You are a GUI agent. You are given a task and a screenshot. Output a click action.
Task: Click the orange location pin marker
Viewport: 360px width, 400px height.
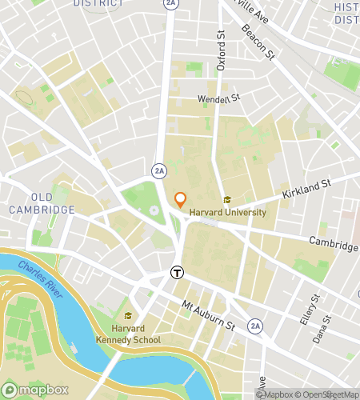point(181,199)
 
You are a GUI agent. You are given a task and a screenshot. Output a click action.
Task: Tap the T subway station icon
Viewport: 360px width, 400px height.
point(176,272)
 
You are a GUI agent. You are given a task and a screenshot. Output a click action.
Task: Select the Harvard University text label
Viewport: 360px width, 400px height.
point(228,213)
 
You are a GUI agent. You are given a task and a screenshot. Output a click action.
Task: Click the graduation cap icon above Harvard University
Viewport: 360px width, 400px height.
point(227,200)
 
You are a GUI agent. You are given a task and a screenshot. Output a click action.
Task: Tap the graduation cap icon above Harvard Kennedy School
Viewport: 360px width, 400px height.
point(128,316)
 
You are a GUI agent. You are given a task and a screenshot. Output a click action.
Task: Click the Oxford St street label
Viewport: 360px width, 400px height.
point(222,52)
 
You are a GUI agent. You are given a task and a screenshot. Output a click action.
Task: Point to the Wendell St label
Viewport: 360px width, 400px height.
point(220,100)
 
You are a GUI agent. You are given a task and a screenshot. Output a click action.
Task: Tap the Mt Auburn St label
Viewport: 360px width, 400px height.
point(208,316)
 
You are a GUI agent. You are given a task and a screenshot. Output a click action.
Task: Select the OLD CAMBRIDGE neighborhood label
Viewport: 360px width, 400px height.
point(42,203)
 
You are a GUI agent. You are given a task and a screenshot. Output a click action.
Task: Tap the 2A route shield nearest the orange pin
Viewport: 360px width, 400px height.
point(160,170)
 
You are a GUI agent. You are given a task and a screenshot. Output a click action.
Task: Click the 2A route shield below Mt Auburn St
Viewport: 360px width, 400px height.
point(255,326)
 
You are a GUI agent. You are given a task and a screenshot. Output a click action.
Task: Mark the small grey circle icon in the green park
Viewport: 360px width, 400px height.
point(154,210)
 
